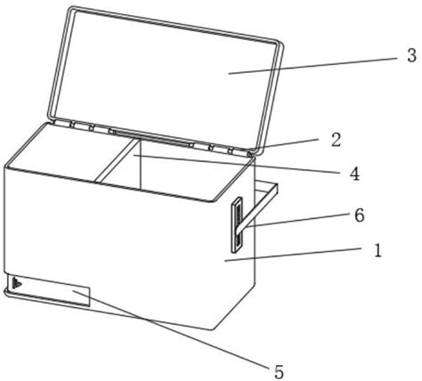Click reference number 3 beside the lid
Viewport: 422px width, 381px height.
(411, 56)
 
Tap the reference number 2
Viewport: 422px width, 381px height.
(336, 140)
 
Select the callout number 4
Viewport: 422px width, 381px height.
(354, 174)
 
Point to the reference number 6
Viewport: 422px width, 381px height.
(360, 215)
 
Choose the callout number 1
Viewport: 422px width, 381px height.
(377, 251)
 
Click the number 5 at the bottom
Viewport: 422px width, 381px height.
(279, 372)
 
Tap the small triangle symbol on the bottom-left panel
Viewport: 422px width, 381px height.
(17, 283)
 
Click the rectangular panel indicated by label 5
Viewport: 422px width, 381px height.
(47, 290)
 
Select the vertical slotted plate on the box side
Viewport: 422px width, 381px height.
(238, 224)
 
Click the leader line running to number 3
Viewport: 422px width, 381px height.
(312, 66)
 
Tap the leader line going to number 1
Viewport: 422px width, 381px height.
(293, 255)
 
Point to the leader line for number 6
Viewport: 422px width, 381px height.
(299, 221)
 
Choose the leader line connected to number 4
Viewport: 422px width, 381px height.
(237, 164)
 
